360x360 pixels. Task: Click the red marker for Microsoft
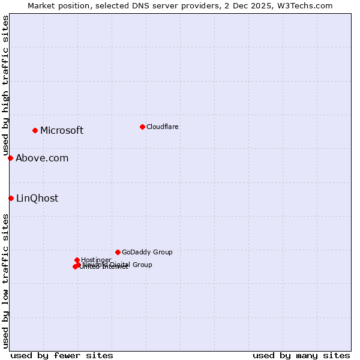coord(35,130)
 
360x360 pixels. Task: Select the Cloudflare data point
coord(142,127)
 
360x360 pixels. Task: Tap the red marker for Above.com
coord(11,158)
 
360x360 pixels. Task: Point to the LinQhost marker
coord(11,198)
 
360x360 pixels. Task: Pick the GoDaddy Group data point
coord(118,252)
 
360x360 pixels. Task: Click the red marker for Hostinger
coord(77,260)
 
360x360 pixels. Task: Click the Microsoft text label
coord(62,131)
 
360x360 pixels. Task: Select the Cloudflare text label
coord(163,127)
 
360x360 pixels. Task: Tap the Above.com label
coord(42,158)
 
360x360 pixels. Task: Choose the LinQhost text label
coord(37,199)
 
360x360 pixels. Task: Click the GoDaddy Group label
coord(147,252)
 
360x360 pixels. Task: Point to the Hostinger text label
coord(96,260)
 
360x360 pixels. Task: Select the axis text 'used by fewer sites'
coord(62,355)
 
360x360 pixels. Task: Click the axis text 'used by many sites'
coord(301,355)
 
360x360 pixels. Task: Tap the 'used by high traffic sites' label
coord(6,86)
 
